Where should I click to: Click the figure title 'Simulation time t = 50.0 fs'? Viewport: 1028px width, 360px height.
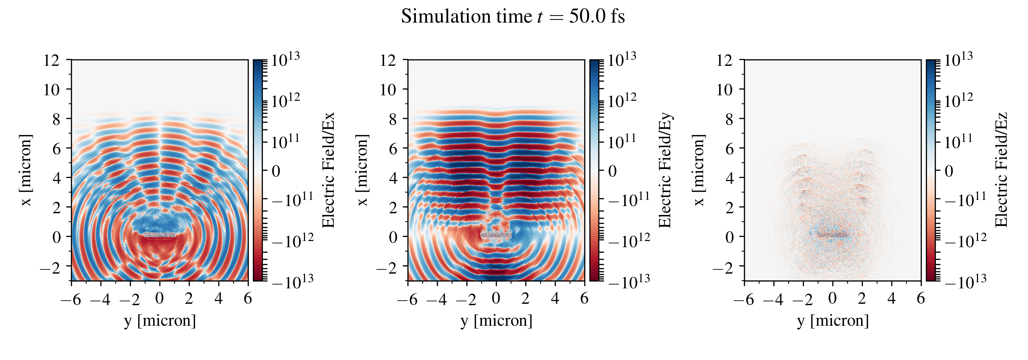(513, 17)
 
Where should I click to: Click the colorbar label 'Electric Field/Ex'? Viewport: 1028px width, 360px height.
(328, 170)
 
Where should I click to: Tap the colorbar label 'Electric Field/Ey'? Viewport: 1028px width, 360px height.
(665, 170)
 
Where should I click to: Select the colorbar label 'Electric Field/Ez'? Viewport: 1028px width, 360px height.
(1001, 170)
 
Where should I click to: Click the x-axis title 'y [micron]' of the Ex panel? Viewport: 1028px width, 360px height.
(160, 321)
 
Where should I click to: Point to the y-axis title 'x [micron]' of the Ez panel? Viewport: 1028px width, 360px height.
(698, 170)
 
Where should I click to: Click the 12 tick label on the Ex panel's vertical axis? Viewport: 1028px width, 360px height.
(51, 61)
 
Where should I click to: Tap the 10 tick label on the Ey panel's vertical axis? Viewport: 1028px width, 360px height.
(388, 90)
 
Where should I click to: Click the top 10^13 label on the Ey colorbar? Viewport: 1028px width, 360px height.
(622, 59)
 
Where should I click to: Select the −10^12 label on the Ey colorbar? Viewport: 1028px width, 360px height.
(629, 240)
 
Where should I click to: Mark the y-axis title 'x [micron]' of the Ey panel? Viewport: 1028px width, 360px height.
(362, 170)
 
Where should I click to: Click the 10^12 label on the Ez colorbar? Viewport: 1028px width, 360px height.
(958, 100)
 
